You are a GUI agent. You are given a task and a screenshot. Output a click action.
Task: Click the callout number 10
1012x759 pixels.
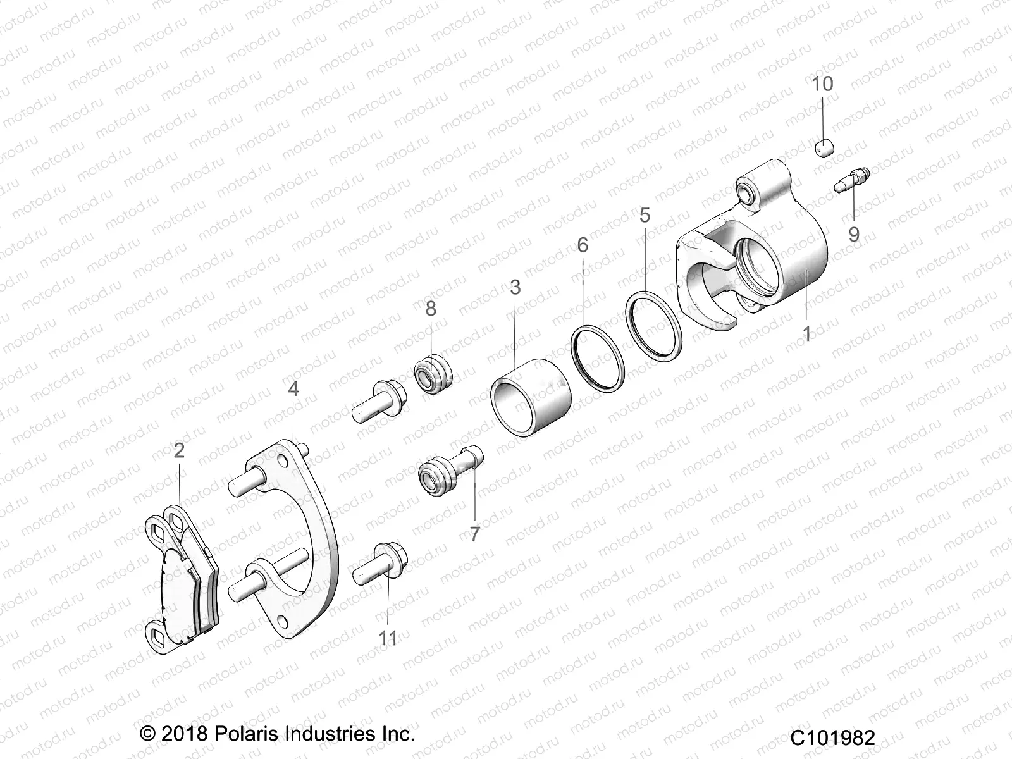pyautogui.click(x=823, y=83)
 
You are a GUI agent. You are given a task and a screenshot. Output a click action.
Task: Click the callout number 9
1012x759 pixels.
pyautogui.click(x=854, y=235)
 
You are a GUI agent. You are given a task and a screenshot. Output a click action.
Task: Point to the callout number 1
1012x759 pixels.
pyautogui.click(x=806, y=333)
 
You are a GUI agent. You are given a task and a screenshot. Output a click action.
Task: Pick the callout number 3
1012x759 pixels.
pyautogui.click(x=515, y=287)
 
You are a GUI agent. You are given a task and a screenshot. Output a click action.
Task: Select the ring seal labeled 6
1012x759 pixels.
pyautogui.click(x=598, y=355)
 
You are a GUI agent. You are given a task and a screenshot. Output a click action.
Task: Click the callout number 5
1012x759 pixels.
pyautogui.click(x=645, y=215)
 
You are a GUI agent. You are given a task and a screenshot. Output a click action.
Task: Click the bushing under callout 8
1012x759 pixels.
pyautogui.click(x=433, y=376)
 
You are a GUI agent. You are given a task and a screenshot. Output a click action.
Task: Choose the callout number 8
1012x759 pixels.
pyautogui.click(x=431, y=309)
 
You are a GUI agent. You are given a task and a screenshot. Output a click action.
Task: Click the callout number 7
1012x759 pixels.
pyautogui.click(x=474, y=534)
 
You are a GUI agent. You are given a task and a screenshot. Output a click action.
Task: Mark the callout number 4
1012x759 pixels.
pyautogui.click(x=293, y=388)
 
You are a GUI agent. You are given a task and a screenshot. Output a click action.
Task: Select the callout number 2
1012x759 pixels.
pyautogui.click(x=179, y=451)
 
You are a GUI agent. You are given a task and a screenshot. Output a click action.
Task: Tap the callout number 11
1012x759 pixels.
pyautogui.click(x=388, y=638)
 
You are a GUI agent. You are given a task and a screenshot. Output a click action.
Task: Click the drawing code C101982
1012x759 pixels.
pyautogui.click(x=832, y=737)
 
